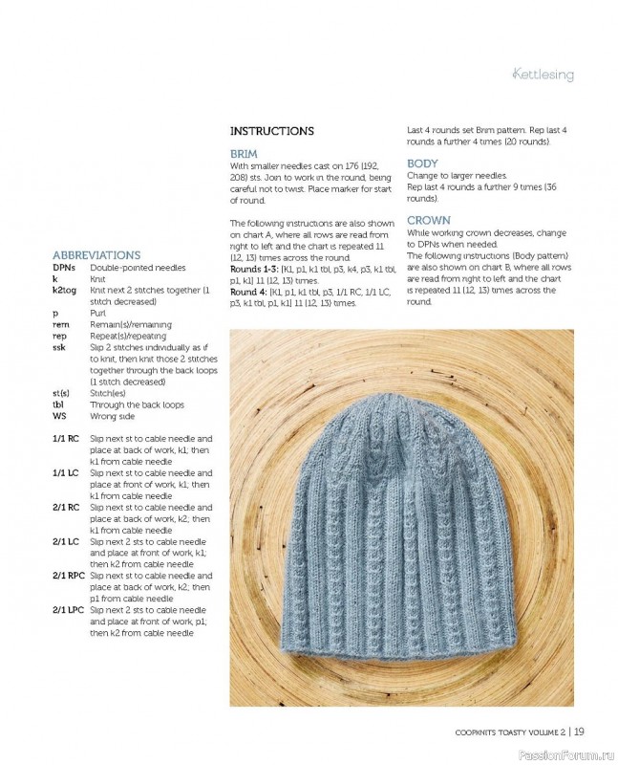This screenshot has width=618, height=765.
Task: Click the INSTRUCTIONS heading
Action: tap(272, 131)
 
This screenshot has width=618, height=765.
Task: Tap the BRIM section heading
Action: tap(244, 153)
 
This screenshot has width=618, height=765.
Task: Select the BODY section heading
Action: tap(422, 164)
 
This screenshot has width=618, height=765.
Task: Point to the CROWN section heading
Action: tap(428, 220)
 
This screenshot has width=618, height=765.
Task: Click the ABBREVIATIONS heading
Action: tap(96, 255)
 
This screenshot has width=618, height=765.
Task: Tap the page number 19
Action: tap(579, 733)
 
